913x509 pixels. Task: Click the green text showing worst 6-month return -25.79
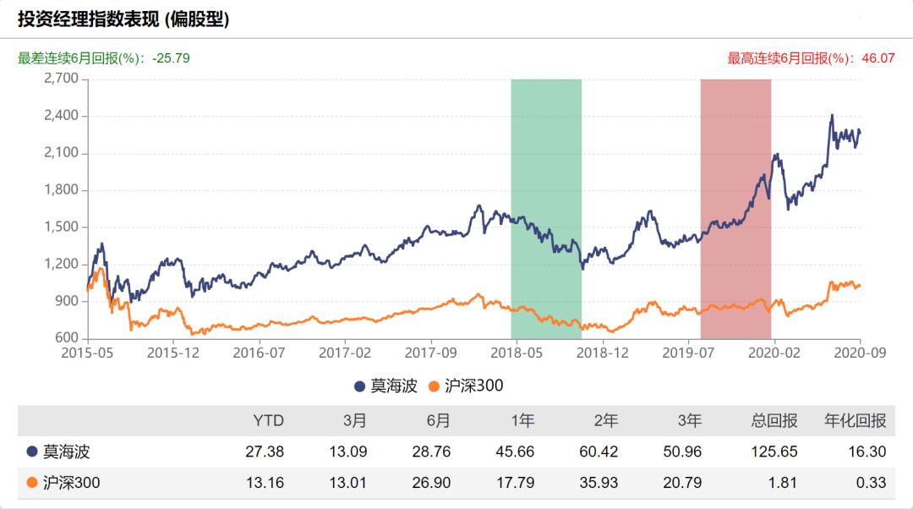tap(103, 58)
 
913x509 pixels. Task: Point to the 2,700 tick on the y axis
tap(61, 79)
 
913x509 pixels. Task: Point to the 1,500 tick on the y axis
tap(61, 227)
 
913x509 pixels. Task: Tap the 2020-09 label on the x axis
tap(859, 353)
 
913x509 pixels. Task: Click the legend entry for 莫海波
tap(386, 386)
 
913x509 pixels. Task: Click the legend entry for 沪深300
tap(467, 386)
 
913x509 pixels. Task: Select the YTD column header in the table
tap(269, 420)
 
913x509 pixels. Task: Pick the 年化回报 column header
tap(856, 420)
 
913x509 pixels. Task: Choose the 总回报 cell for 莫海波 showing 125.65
tap(774, 452)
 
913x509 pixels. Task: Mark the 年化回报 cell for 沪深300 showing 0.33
tap(871, 483)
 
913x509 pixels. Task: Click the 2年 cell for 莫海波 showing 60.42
tap(598, 452)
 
